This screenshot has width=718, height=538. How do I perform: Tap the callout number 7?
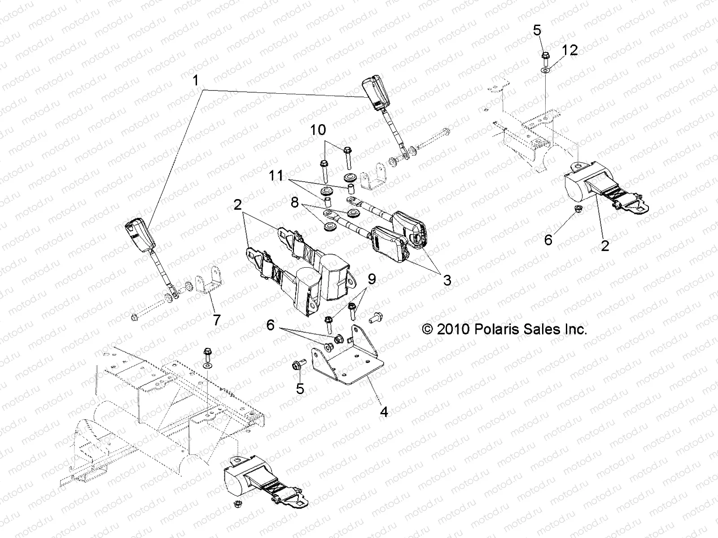coord(216,320)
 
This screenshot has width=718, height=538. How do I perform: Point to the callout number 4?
coord(384,411)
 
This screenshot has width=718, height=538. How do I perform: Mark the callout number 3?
coord(447,281)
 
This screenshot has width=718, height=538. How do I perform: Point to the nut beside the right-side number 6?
coord(578,209)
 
